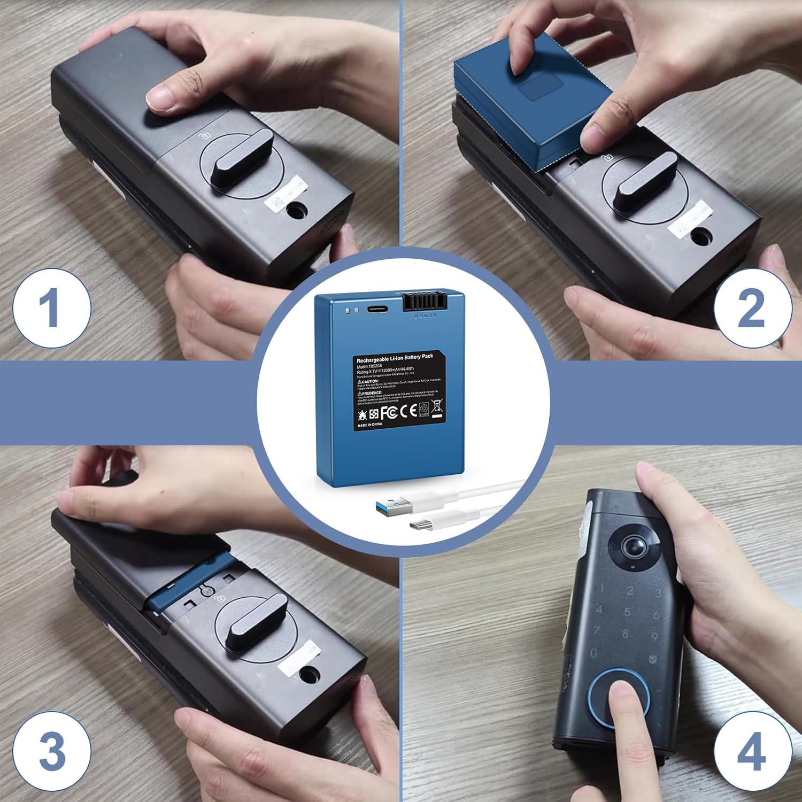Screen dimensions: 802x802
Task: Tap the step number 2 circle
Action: click(x=750, y=309)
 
